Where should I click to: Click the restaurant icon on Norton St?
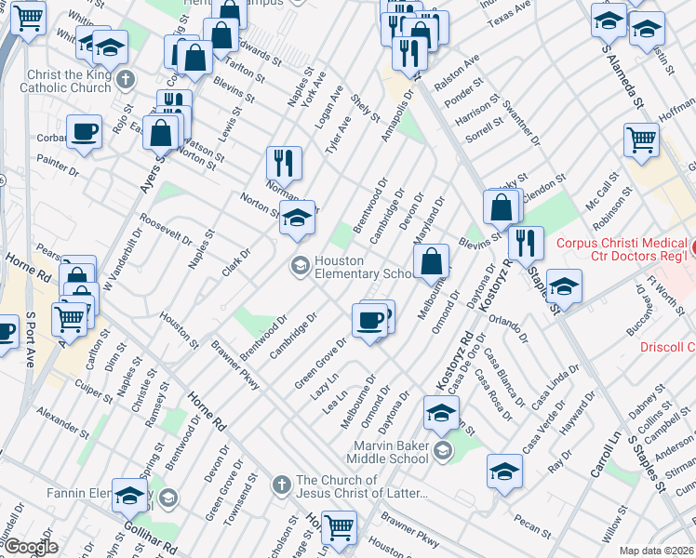pos(285,163)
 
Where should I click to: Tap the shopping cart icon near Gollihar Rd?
pos(339,527)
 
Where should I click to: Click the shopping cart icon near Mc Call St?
pos(642,140)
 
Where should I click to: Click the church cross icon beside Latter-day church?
pos(282,485)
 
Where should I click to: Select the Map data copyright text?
pos(657,550)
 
